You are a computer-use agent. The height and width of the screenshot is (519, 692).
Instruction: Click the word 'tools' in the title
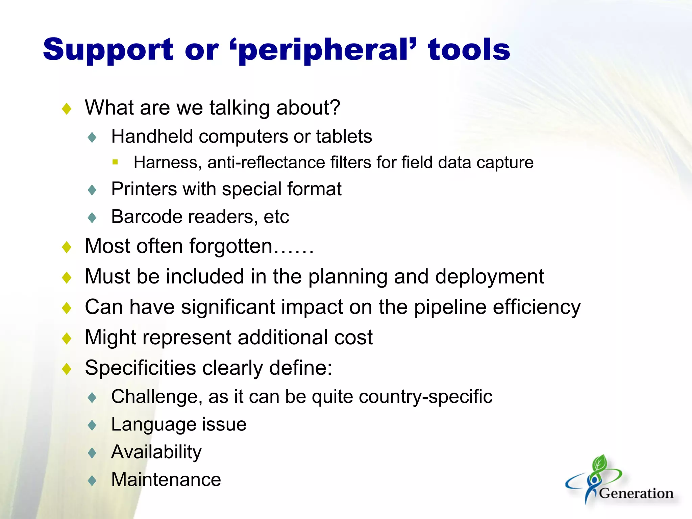[x=469, y=50]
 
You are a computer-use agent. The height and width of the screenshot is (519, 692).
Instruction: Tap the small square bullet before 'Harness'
[x=115, y=162]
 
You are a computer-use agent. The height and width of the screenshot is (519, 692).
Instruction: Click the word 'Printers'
[x=144, y=189]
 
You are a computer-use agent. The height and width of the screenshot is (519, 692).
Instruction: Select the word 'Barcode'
[x=147, y=217]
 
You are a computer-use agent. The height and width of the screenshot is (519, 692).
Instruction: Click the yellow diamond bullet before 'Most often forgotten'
[x=67, y=247]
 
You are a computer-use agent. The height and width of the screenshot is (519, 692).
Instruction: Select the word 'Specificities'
[x=140, y=368]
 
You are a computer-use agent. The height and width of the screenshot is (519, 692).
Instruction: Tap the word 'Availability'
[x=156, y=452]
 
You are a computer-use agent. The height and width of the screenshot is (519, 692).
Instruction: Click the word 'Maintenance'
[x=166, y=480]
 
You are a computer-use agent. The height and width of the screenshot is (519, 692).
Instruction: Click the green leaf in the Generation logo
[x=600, y=463]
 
